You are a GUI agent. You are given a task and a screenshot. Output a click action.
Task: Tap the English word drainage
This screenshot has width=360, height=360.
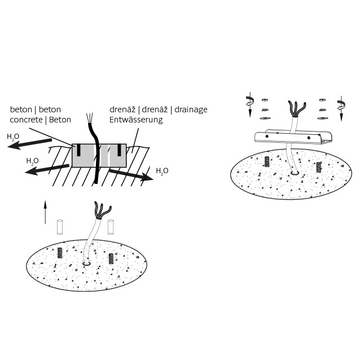tap(191, 109)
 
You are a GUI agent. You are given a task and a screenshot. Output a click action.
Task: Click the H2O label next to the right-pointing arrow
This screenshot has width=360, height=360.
tap(162, 170)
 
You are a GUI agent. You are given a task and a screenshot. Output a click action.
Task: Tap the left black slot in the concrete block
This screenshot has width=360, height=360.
tap(80, 150)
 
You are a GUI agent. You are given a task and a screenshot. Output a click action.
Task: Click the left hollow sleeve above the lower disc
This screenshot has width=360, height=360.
tap(59, 227)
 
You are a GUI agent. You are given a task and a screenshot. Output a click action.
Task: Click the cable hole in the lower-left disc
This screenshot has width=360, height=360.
tap(86, 262)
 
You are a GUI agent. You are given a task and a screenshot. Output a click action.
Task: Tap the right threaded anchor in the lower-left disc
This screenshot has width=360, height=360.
tap(111, 258)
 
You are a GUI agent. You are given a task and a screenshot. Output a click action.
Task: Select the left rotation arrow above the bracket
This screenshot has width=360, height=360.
tap(248, 105)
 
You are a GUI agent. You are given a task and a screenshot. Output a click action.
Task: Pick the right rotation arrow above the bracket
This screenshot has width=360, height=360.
tap(340, 107)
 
